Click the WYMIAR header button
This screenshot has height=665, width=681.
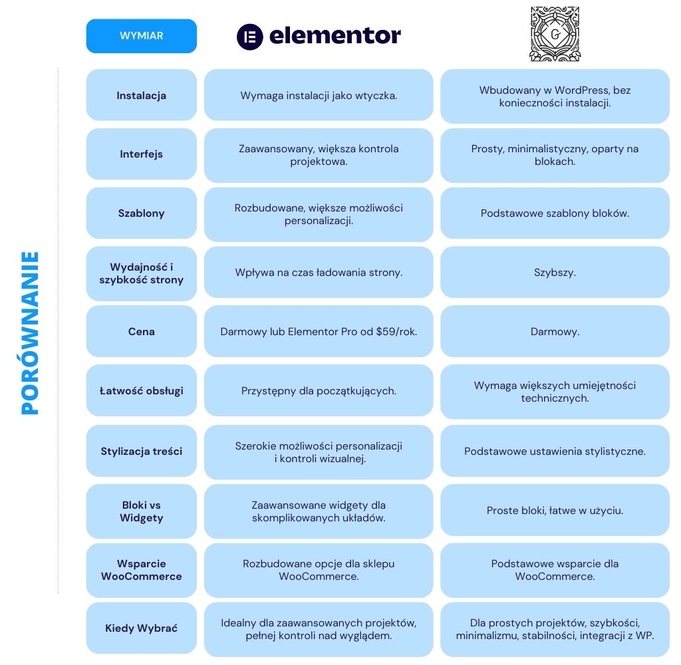pos(141,36)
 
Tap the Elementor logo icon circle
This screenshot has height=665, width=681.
pos(250,37)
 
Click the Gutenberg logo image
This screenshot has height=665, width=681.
pos(554,34)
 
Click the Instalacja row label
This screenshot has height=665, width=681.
pos(141,95)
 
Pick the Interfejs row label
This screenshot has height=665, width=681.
pos(141,154)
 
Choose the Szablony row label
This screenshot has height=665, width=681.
pos(141,213)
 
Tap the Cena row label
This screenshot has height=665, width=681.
pos(141,331)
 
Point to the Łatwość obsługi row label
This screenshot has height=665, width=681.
pos(141,390)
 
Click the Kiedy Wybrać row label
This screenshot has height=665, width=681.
pos(141,628)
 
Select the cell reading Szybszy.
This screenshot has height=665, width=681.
pos(555,273)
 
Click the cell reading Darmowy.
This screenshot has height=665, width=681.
pos(555,331)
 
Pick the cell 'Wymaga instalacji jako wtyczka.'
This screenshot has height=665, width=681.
pos(319,96)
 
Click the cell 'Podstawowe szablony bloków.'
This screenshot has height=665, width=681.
pos(555,213)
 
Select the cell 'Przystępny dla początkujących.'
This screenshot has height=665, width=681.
pos(319,391)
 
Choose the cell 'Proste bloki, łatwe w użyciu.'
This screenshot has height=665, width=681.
pos(555,511)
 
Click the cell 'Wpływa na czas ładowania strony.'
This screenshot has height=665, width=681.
pos(319,273)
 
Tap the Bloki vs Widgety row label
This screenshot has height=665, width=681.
pos(141,511)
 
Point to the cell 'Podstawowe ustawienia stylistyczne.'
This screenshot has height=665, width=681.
pos(555,452)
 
